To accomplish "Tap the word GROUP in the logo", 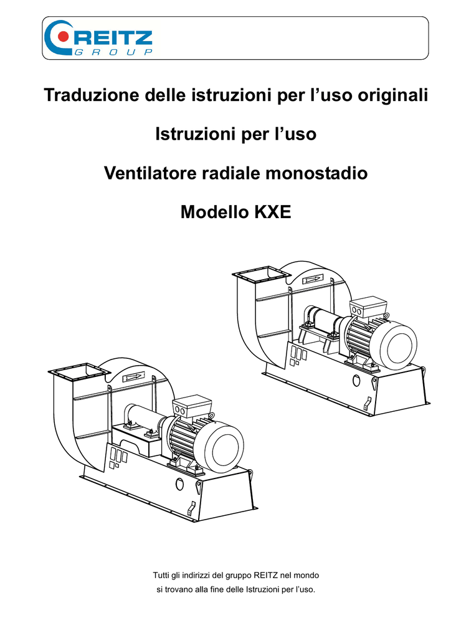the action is [114, 52].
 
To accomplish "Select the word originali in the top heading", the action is [392, 95].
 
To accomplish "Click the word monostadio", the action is [316, 173].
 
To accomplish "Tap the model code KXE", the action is [273, 212].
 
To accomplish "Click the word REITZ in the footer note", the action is [265, 575].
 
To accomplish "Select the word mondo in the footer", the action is [306, 575].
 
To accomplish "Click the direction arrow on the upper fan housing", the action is [313, 280].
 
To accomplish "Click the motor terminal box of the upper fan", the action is [368, 307].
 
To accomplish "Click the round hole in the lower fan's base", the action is [179, 483].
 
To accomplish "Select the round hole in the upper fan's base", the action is [356, 381].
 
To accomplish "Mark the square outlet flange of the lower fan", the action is [79, 372].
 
